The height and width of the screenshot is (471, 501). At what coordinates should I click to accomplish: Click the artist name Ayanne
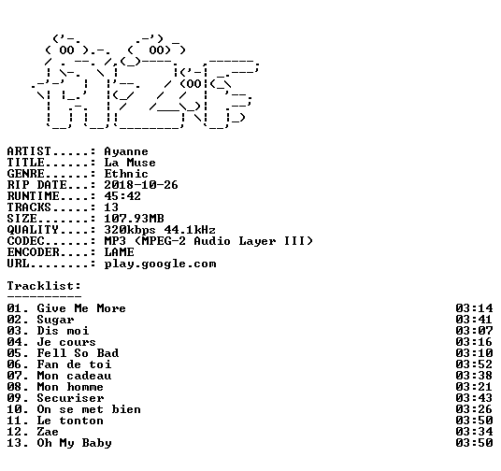click(x=126, y=151)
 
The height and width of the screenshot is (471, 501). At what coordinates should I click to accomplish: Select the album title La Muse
click(x=130, y=163)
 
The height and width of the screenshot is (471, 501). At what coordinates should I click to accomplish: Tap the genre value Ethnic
click(x=126, y=174)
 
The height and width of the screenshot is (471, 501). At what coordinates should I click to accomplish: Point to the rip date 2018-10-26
click(x=141, y=185)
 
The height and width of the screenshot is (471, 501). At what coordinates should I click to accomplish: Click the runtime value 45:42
click(x=122, y=196)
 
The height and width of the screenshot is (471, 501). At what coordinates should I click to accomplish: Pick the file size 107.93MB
click(x=134, y=219)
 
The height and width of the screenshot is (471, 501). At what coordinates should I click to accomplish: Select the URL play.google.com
click(x=160, y=264)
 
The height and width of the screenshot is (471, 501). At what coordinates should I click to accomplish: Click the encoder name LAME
click(x=119, y=252)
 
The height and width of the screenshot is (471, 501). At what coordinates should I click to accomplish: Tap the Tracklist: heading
click(x=44, y=286)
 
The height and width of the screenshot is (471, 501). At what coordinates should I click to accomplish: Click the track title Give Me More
click(x=81, y=308)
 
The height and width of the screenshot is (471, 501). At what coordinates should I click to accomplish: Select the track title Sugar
click(x=55, y=320)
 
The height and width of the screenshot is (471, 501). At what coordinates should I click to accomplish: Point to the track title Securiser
click(x=70, y=398)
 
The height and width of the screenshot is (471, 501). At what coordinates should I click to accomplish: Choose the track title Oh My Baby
click(x=74, y=444)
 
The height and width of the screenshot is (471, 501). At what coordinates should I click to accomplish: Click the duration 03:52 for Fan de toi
click(x=474, y=364)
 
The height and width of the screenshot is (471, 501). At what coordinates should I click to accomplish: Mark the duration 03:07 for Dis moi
click(x=474, y=331)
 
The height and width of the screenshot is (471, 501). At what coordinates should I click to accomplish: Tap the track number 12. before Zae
click(x=18, y=432)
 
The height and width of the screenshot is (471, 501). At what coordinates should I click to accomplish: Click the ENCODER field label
click(x=34, y=252)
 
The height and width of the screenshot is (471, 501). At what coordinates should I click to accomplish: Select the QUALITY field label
click(x=34, y=230)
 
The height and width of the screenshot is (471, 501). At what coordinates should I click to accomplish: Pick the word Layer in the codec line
click(x=257, y=241)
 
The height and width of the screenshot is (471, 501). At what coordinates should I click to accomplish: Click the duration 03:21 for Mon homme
click(x=474, y=387)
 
